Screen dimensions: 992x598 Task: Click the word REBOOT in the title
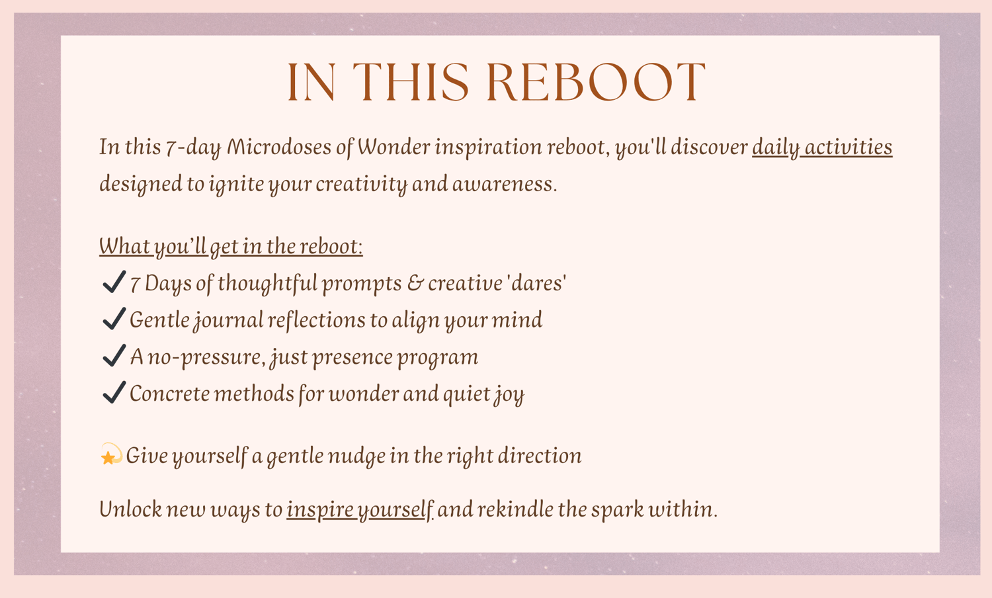[x=596, y=83]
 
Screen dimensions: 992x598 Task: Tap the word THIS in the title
[x=411, y=83]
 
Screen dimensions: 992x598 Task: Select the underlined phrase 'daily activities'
[x=822, y=148]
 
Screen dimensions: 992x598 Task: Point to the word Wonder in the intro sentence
[x=393, y=147]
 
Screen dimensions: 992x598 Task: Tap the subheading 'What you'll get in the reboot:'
[x=231, y=246]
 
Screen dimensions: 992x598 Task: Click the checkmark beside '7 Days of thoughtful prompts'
[x=114, y=282]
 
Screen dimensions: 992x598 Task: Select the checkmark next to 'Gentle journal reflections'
[x=114, y=319]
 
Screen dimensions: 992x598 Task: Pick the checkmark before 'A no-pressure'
[x=114, y=356]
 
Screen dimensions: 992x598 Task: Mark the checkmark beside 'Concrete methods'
[x=114, y=392]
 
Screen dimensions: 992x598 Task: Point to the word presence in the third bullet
[x=352, y=358]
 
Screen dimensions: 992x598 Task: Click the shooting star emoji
[x=111, y=454]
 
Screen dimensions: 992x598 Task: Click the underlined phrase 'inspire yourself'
[x=360, y=510]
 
